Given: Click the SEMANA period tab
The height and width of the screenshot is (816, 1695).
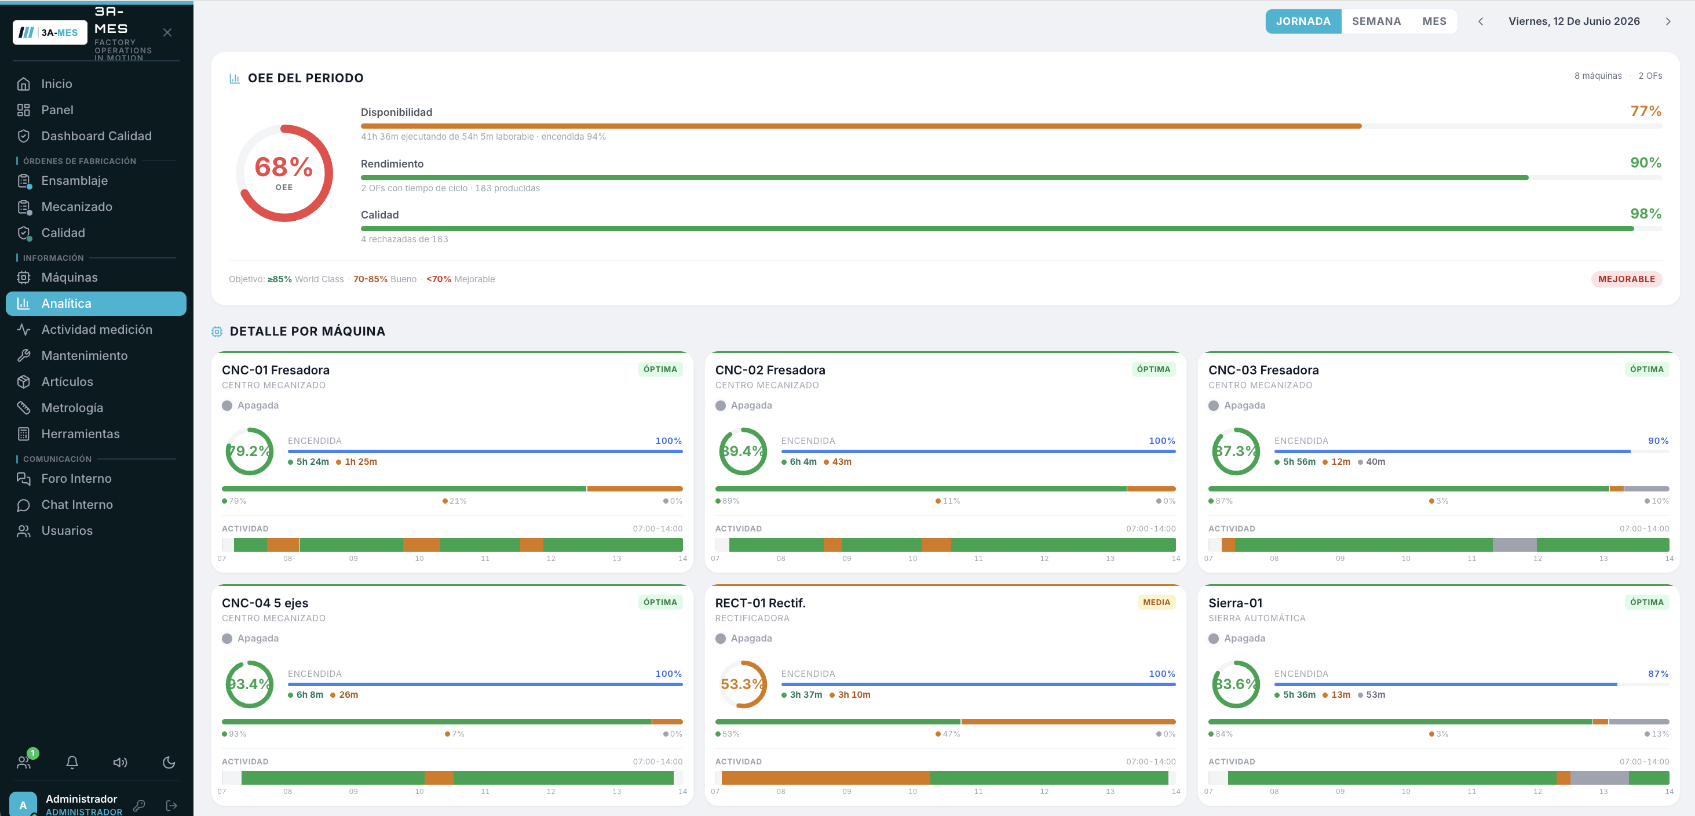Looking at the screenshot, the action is (x=1376, y=21).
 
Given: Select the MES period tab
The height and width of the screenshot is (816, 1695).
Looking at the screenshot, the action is (x=1434, y=21).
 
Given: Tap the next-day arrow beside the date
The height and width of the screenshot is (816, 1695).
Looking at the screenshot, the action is (x=1667, y=21).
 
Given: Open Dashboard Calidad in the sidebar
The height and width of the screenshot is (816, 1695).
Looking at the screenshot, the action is (x=96, y=136).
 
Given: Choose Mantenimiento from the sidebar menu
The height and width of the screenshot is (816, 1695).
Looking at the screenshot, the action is (x=84, y=355).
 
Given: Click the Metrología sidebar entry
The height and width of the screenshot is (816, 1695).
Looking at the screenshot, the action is (x=72, y=408).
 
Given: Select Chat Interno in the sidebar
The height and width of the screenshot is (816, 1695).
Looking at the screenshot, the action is (x=77, y=505).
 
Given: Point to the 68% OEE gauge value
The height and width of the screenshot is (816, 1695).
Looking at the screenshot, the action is (x=284, y=167).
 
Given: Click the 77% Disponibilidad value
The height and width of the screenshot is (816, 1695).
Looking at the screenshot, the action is (x=1646, y=111).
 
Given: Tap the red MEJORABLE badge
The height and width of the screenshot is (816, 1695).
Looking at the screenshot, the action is (x=1627, y=279).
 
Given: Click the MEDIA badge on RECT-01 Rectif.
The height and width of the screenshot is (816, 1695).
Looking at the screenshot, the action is (x=1156, y=602).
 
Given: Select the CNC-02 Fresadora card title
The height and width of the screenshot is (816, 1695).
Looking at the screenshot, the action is (x=770, y=370).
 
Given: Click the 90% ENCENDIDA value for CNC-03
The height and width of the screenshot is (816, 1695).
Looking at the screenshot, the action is (x=1658, y=441).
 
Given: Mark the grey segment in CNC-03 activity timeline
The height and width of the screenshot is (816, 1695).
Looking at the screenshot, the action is (x=1514, y=544).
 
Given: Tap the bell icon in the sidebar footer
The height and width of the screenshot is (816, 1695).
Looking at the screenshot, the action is (x=72, y=762).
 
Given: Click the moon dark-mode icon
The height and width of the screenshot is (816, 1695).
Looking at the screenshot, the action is (x=169, y=762).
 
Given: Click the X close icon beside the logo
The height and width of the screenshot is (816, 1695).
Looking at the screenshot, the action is (x=167, y=32).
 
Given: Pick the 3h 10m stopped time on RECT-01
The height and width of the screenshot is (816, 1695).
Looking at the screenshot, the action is (x=853, y=695).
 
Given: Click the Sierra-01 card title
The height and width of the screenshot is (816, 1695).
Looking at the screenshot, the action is (x=1235, y=603).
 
